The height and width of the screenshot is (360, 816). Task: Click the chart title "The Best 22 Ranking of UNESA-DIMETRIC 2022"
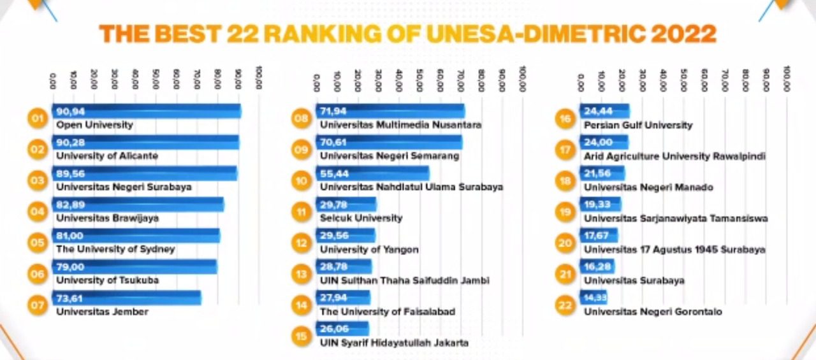pos(407,34)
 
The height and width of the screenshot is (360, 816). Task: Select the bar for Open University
pos(147,112)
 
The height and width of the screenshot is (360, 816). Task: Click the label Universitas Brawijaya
pos(107,218)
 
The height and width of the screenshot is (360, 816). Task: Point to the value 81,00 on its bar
pos(70,236)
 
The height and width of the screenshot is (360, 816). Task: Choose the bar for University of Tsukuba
pos(135,267)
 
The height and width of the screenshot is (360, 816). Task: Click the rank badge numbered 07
pos(38,305)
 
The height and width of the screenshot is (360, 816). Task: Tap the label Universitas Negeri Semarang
pos(389,156)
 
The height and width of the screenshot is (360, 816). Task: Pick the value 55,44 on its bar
pos(333,173)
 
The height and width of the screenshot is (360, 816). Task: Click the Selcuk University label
pos(361,218)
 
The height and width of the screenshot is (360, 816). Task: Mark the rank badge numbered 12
pos(301,243)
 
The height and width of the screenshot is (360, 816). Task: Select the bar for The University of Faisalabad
pos(343,298)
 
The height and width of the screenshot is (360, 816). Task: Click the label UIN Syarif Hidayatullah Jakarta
pos(394,343)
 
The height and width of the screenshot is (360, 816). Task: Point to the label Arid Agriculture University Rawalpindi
pos(674,156)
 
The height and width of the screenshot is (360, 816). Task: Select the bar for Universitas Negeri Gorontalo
pos(594,298)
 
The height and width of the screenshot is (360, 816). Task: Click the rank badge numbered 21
pos(565,274)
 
